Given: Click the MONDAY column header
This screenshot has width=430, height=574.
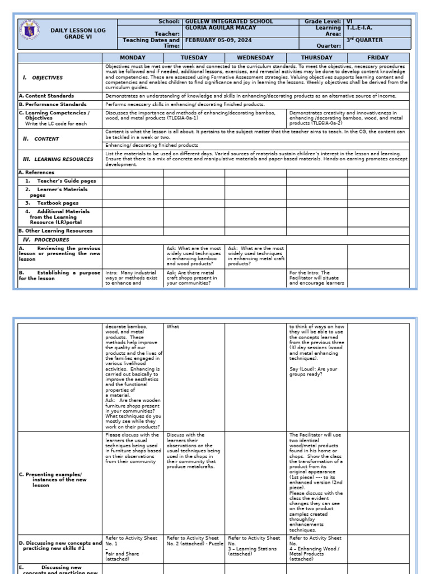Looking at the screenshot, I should pos(133,58).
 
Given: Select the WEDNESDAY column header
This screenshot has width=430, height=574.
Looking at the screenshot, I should pos(255,58).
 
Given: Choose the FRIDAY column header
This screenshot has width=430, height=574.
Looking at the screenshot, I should pos(378,58).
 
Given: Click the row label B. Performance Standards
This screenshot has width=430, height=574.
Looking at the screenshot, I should pos(53,104).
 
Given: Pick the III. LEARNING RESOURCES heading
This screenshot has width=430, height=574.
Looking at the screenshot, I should pos(58,159).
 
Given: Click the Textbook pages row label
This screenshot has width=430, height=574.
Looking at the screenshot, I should pos(58,203).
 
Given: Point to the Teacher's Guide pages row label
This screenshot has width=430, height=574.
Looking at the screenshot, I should pos(67,181).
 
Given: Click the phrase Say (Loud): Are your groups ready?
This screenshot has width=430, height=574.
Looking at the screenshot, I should pos(313,371).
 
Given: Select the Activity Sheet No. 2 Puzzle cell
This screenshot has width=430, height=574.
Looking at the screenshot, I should pos(193,541).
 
